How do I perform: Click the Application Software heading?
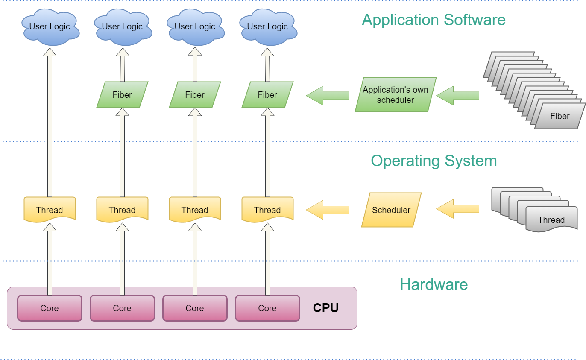coord(434,20)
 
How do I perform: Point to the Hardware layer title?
coord(434,284)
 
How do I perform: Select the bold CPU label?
coord(325,308)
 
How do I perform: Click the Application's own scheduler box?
coord(396,95)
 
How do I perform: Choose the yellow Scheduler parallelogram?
coord(391,210)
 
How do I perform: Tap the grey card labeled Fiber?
coord(560,116)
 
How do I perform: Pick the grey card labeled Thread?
coord(551,220)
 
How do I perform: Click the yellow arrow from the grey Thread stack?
coord(457,209)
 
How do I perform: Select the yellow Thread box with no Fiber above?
coord(50,209)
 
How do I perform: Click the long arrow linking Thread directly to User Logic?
coord(50,124)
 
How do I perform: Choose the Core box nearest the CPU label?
coord(267,308)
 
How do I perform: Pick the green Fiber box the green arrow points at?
coord(267,95)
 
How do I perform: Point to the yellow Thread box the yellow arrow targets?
coord(267,209)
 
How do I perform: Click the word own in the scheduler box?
coord(420,90)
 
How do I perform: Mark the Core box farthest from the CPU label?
coord(50,308)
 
